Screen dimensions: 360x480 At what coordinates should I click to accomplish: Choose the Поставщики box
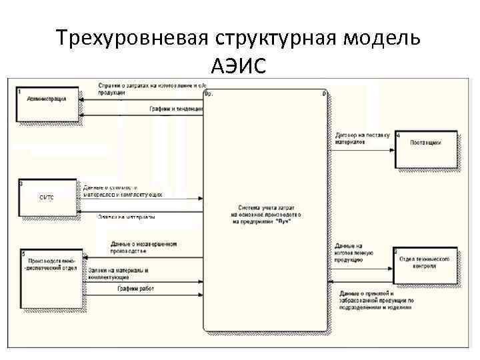(x=427, y=150)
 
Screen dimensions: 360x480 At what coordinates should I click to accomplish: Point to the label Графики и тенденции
(x=174, y=109)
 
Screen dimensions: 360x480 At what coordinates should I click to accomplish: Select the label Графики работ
(x=137, y=289)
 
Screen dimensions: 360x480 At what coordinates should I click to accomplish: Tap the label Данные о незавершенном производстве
(x=143, y=247)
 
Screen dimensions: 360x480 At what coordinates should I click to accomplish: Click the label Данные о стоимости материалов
(x=123, y=191)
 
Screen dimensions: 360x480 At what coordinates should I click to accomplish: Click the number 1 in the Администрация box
(x=20, y=91)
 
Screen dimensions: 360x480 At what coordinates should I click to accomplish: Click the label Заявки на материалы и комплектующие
(x=131, y=273)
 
